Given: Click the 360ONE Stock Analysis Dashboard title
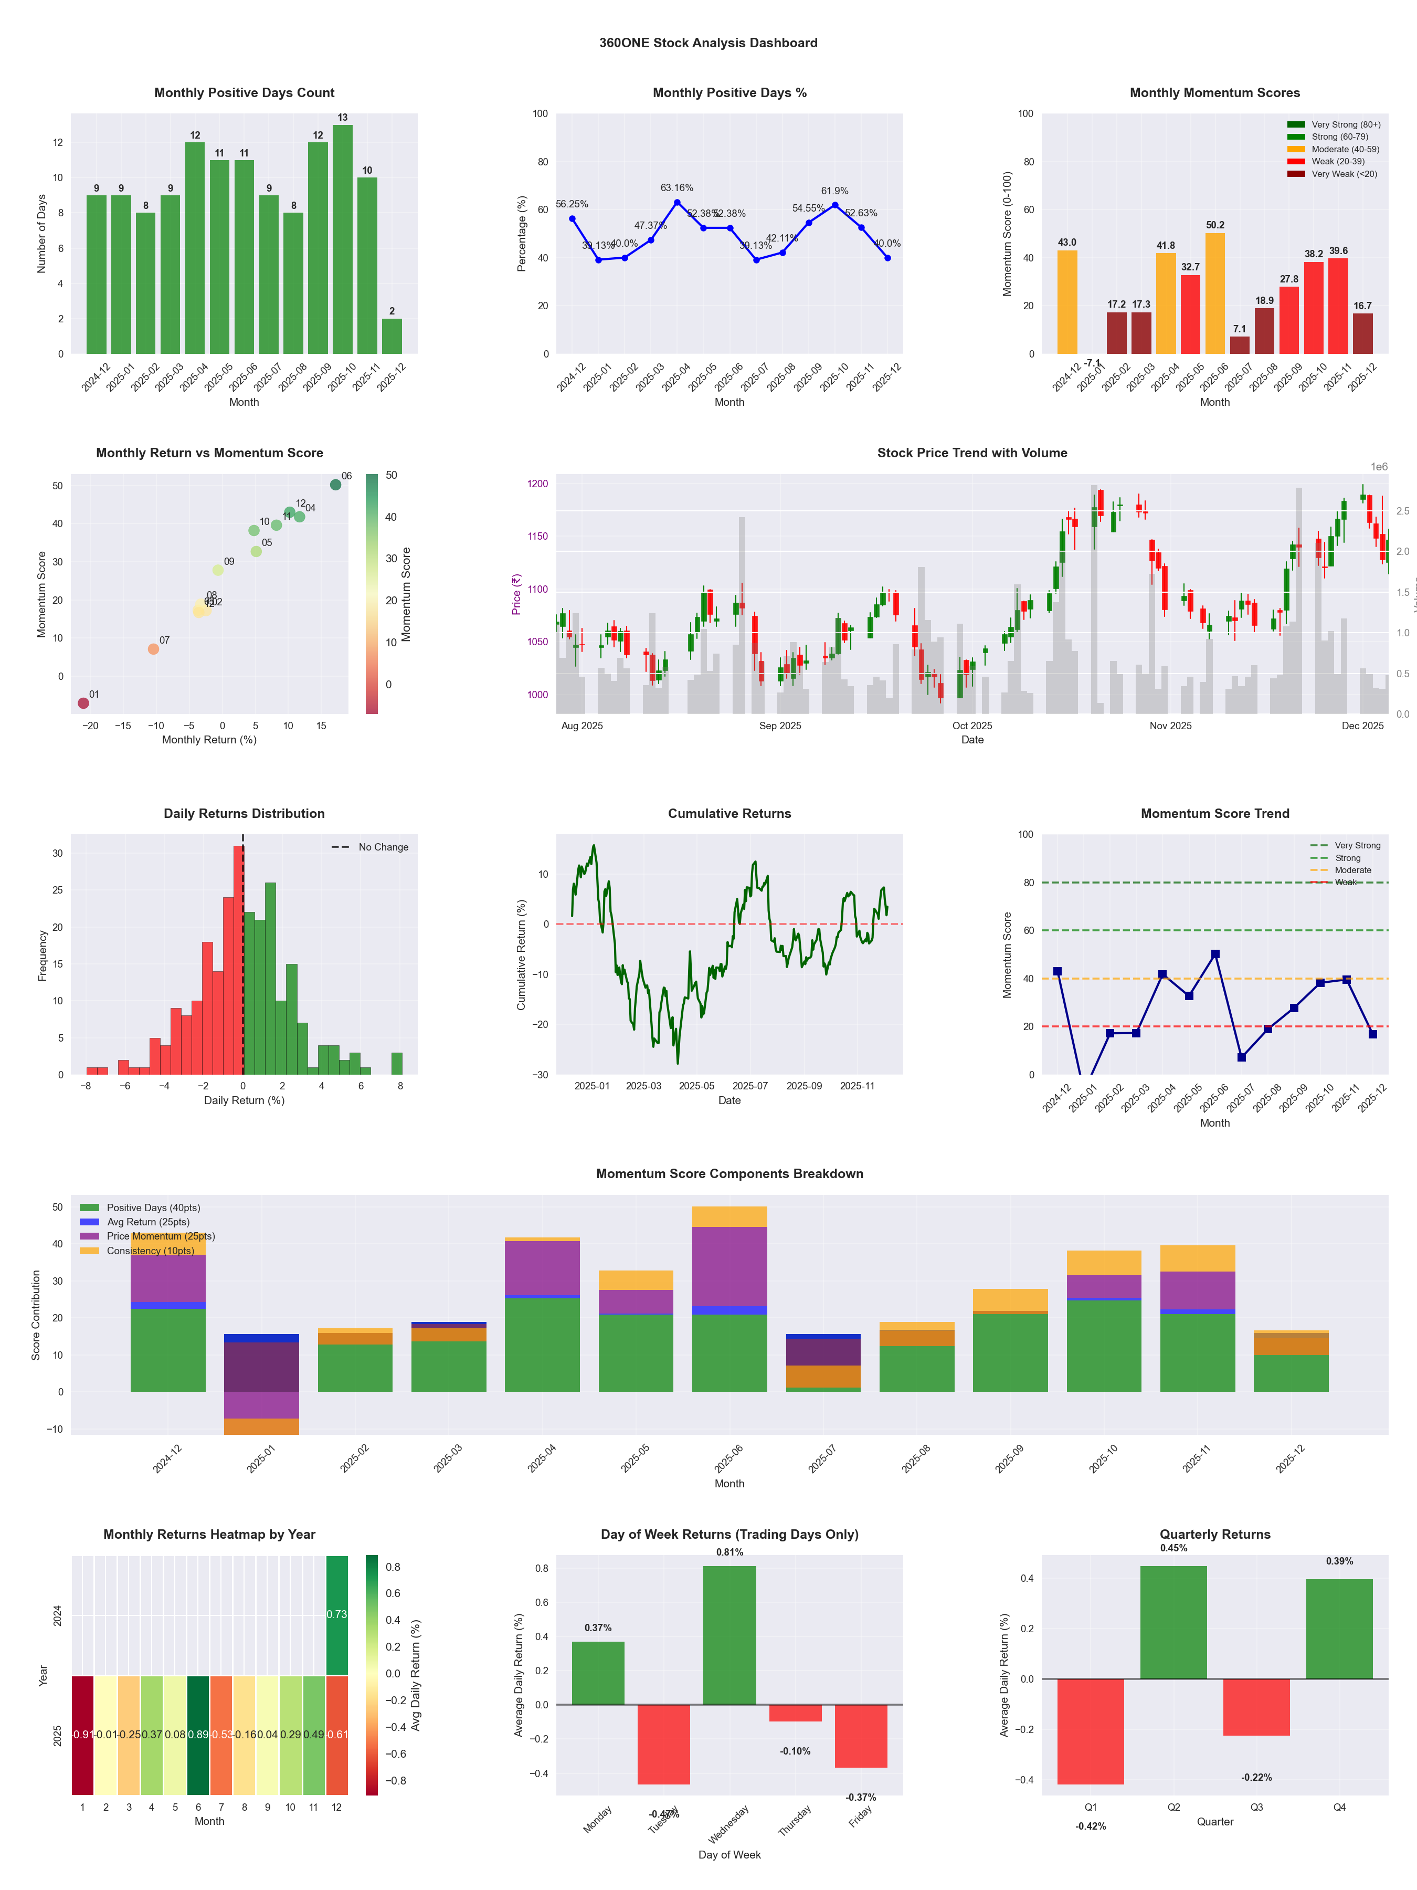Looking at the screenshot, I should pos(708,43).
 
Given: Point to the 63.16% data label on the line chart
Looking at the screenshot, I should pos(676,188).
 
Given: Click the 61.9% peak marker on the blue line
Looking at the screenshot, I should pos(834,205).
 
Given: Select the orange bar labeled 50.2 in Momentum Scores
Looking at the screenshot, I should pos(1214,293).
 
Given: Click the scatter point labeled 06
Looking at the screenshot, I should pos(336,485).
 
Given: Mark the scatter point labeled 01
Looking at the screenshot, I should pos(83,703).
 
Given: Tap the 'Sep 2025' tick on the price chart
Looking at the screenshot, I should pos(780,726).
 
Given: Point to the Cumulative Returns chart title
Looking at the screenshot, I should pos(729,813).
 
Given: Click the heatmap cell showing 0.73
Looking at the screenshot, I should pos(336,1615).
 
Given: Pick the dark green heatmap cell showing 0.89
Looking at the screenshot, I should pos(198,1735).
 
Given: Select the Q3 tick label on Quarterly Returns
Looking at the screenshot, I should pos(1256,1807).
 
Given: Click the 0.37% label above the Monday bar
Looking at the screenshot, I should pos(598,1627).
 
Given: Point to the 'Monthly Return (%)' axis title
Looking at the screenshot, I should pos(209,740).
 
